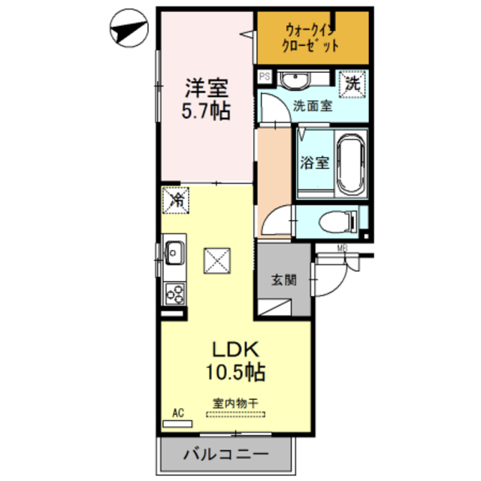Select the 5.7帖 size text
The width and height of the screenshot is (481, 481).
tap(205, 111)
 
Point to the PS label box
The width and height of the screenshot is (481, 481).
tap(265, 77)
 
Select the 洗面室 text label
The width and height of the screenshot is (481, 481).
tap(312, 106)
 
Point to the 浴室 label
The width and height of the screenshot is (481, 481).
tap(313, 162)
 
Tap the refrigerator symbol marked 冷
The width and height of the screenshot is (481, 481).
tap(177, 200)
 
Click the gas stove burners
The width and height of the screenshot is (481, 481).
tap(175, 293)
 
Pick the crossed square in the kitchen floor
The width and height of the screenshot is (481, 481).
tap(217, 262)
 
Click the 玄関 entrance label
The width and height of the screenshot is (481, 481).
tap(283, 280)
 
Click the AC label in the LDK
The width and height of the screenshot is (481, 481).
tap(178, 413)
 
